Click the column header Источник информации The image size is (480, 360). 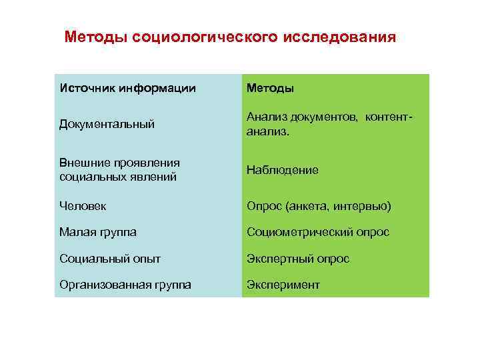click(128, 88)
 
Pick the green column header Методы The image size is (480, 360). click(270, 88)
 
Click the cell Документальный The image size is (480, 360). click(107, 124)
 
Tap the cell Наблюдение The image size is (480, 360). click(283, 170)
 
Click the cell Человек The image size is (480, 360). click(83, 207)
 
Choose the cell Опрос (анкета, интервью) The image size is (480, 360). click(319, 207)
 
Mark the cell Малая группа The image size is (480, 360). click(98, 232)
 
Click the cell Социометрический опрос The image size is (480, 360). click(318, 232)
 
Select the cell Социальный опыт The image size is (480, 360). click(110, 258)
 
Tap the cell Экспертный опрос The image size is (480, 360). click(298, 258)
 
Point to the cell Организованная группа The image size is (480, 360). click(125, 285)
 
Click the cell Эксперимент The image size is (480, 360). click(283, 285)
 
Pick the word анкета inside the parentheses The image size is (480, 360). click(306, 207)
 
